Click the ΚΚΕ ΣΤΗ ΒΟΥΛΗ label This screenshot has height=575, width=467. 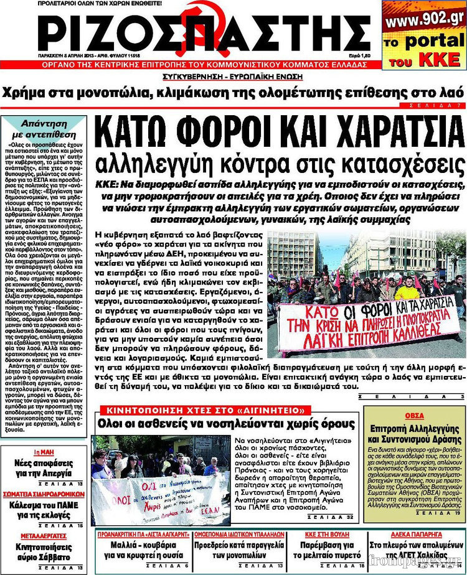tap(325, 534)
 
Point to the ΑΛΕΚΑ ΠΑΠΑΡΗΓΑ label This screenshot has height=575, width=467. tap(415, 534)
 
